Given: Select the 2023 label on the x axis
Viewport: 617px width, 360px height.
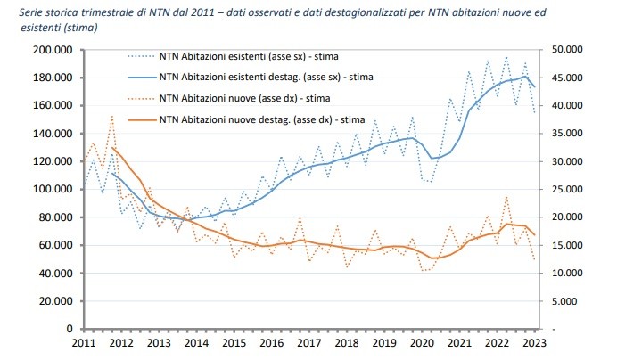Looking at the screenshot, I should (x=536, y=344).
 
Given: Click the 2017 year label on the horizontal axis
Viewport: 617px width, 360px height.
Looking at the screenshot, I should (x=308, y=344).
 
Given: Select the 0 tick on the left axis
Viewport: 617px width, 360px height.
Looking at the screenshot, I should (x=69, y=328).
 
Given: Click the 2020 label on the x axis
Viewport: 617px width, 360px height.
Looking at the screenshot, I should (x=422, y=344).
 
